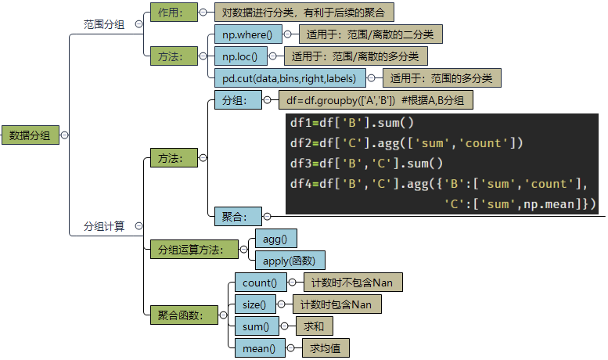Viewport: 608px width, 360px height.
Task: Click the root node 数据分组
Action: click(30, 135)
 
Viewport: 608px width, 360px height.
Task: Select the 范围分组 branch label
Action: click(104, 24)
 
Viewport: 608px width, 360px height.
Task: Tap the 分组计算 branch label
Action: click(104, 226)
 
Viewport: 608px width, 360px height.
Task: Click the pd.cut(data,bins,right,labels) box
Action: click(289, 78)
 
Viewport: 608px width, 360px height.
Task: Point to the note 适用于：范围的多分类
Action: click(441, 78)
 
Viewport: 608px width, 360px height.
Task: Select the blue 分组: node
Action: click(234, 100)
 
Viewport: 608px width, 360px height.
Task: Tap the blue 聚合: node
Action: click(234, 215)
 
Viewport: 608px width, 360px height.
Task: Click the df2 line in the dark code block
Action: click(405, 143)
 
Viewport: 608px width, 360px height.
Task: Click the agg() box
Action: click(275, 239)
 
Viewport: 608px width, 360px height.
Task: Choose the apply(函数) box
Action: click(289, 261)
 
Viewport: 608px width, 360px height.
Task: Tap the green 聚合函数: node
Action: click(181, 315)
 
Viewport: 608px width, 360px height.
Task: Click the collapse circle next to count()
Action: click(292, 283)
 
